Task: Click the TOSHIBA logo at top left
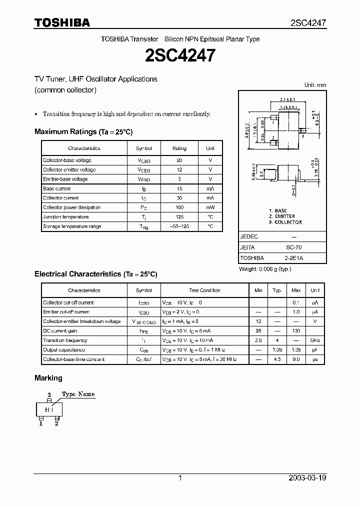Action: [62, 22]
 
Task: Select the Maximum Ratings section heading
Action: [83, 131]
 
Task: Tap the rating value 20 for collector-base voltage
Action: [179, 160]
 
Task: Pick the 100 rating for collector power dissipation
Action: [179, 207]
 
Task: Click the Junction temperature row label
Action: [66, 217]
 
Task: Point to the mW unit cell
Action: [210, 207]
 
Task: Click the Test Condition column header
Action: [204, 290]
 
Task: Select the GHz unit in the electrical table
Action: [315, 340]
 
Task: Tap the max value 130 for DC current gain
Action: [296, 331]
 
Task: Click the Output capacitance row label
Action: [64, 350]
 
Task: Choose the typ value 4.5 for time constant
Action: [277, 359]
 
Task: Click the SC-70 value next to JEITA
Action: [293, 247]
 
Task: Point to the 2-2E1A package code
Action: [293, 258]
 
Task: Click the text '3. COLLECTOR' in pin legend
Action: [285, 222]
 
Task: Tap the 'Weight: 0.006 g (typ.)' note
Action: [265, 269]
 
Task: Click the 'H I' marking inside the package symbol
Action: [49, 410]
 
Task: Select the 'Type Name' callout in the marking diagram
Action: [78, 394]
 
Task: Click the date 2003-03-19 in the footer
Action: [307, 478]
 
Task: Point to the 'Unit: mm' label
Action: [315, 85]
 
